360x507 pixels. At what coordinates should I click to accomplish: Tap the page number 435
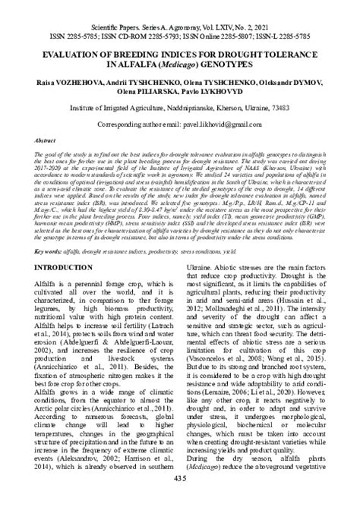[179, 496]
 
